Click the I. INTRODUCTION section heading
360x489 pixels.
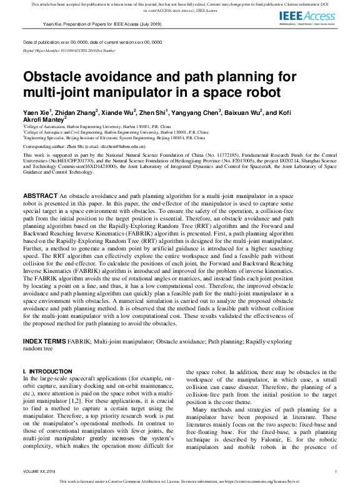pyautogui.click(x=47, y=371)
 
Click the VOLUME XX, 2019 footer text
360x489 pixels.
pyautogui.click(x=39, y=471)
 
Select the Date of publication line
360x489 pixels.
pyautogui.click(x=92, y=42)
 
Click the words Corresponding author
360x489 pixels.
pyautogui.click(x=47, y=144)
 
